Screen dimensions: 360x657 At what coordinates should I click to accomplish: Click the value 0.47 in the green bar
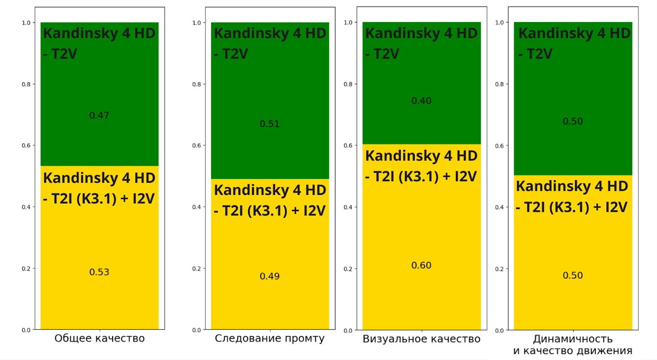[x=99, y=115]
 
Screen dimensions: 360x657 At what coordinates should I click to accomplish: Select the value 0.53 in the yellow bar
[x=99, y=272]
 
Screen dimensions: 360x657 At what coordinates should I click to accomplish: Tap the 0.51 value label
[x=269, y=124]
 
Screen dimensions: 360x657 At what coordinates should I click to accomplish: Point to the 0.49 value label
[x=269, y=276]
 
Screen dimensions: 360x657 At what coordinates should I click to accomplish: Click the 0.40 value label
[x=421, y=101]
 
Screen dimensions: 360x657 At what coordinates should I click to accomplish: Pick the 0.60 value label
[x=421, y=265]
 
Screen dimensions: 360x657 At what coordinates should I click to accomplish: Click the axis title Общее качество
[x=99, y=338]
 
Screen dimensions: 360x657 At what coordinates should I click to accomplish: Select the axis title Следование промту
[x=269, y=338]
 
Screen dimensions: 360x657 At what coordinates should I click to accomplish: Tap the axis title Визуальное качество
[x=421, y=339]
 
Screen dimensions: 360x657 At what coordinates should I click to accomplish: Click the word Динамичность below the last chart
[x=572, y=339]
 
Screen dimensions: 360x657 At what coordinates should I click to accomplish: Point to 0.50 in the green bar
[x=572, y=122]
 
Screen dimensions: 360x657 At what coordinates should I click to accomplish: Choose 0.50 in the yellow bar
[x=572, y=275]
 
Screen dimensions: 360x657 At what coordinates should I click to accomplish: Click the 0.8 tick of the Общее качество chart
[x=26, y=84]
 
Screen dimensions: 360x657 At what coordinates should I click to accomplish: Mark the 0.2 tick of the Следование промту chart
[x=197, y=268]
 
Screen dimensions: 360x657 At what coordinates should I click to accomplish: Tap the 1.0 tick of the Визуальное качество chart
[x=348, y=23]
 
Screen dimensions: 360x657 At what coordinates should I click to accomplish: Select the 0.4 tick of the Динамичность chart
[x=499, y=207]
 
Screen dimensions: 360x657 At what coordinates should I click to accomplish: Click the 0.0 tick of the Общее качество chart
[x=26, y=330]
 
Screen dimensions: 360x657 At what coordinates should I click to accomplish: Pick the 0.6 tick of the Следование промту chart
[x=197, y=145]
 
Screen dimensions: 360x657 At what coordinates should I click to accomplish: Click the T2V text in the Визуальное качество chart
[x=386, y=54]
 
